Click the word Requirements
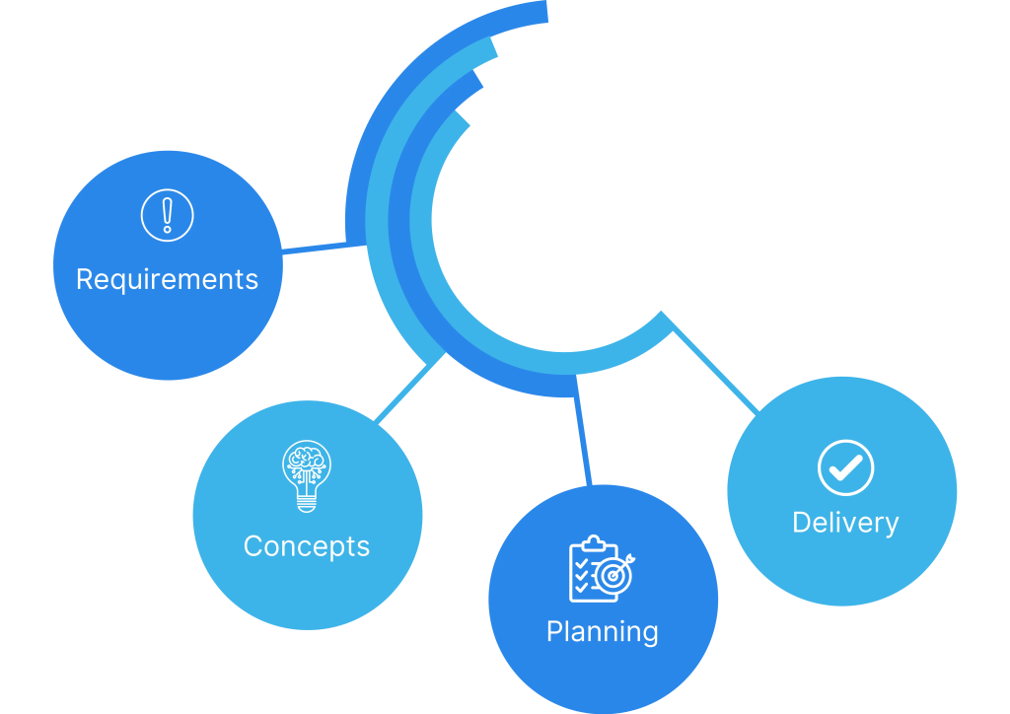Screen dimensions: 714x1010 click(167, 280)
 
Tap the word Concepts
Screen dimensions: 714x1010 click(307, 546)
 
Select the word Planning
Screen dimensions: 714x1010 click(603, 631)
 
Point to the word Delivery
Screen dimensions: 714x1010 click(845, 523)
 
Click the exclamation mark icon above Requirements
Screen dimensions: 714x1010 click(168, 215)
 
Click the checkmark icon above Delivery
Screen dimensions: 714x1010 click(845, 466)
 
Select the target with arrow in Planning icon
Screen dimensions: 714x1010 click(615, 572)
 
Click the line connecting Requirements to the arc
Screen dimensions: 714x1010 click(315, 249)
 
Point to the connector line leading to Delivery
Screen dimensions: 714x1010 click(714, 366)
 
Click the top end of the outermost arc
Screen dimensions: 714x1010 click(541, 13)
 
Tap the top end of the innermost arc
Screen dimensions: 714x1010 click(462, 118)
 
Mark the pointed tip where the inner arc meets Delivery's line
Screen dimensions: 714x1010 click(663, 317)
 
